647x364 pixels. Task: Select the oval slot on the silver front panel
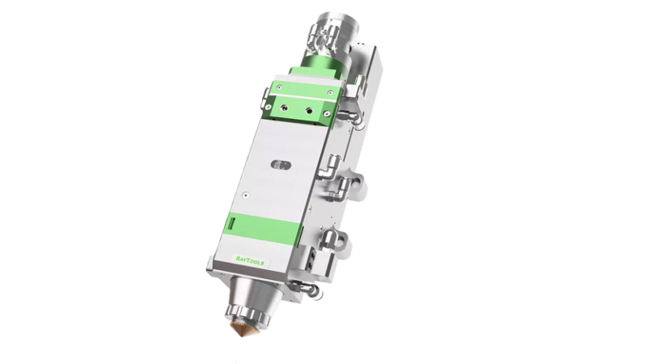[x=281, y=166]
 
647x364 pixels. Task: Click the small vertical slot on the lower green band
[x=231, y=224]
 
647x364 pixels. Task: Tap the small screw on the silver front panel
[x=246, y=195]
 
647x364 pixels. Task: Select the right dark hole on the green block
[x=309, y=111]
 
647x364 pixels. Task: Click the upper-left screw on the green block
[x=279, y=87]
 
